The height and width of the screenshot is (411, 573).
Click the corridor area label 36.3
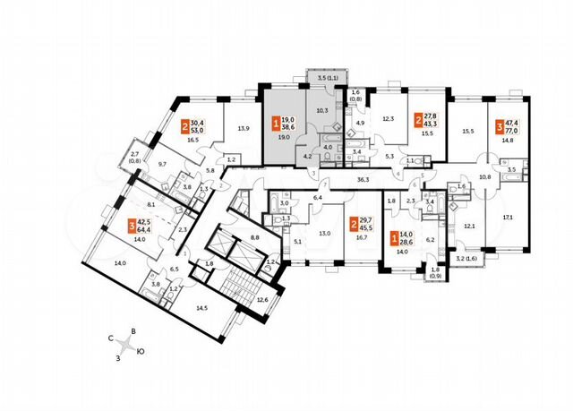coord(363,180)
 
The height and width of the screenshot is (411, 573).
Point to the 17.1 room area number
coord(509,217)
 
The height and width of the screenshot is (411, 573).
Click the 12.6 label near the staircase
coord(262,300)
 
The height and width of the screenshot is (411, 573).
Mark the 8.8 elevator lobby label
coord(254,237)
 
